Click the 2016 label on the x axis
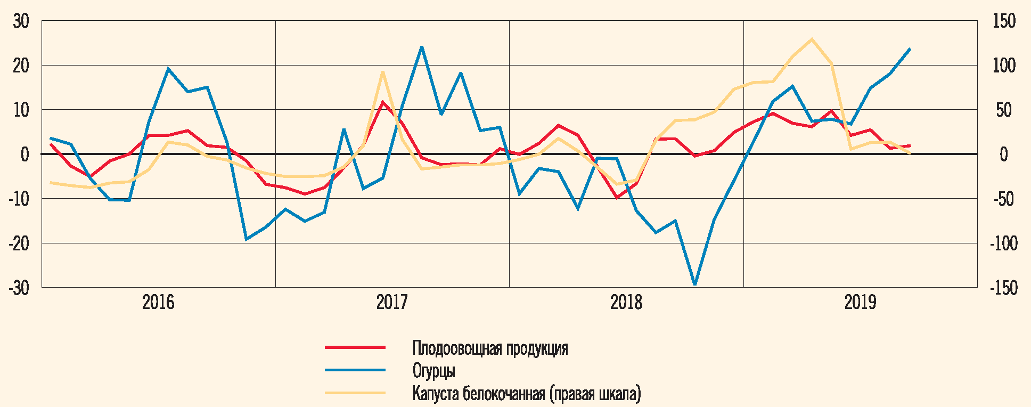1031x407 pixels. (x=158, y=303)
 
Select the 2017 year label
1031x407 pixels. (x=392, y=303)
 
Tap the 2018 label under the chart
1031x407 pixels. (x=626, y=303)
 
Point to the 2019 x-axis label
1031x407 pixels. (x=860, y=303)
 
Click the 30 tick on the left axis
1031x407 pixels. (x=21, y=21)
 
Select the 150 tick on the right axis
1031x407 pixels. (x=1004, y=21)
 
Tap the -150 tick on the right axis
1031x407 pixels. (x=1003, y=288)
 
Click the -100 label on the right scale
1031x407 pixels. (x=1003, y=243)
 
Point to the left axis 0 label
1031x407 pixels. (x=24, y=154)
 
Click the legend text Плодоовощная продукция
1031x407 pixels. (x=490, y=348)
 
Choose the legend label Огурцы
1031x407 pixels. (x=433, y=371)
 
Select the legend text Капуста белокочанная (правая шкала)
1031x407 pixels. (x=527, y=394)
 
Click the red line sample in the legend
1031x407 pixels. (x=355, y=347)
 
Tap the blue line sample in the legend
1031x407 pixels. (x=355, y=370)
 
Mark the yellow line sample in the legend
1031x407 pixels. (x=355, y=393)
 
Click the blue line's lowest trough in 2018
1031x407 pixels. (x=694, y=284)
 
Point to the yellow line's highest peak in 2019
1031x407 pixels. (x=812, y=39)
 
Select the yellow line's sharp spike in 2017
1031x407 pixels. (x=382, y=72)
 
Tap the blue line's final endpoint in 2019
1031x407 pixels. (x=910, y=49)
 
